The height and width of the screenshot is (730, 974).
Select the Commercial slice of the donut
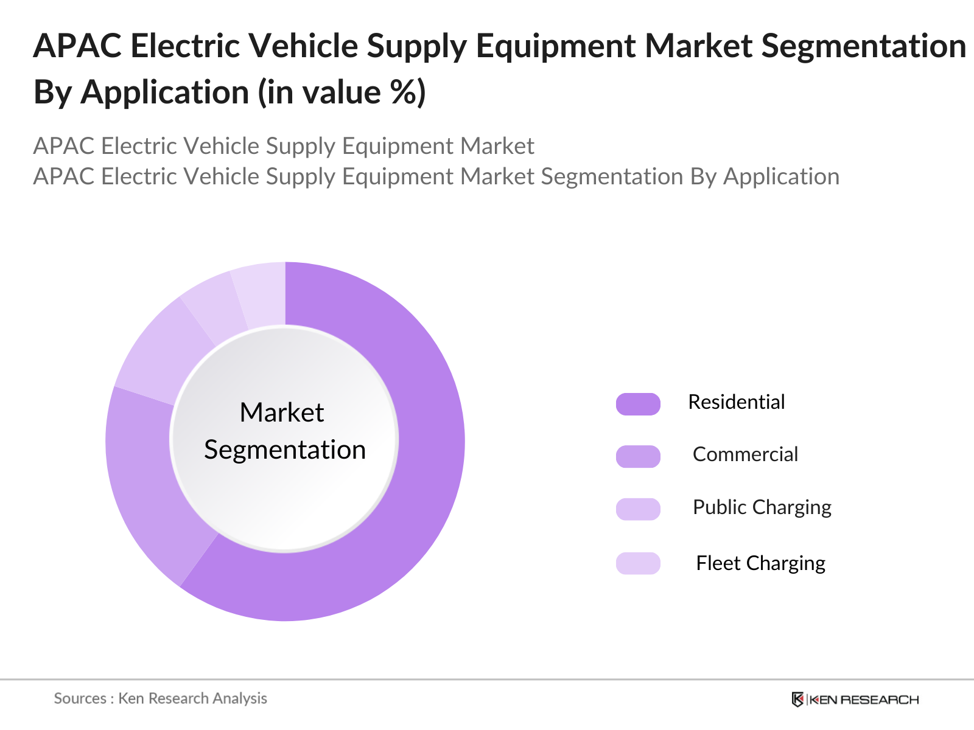[146, 481]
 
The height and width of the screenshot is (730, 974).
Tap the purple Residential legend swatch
[638, 404]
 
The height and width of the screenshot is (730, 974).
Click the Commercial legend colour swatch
[638, 456]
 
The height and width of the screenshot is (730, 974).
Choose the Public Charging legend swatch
[638, 509]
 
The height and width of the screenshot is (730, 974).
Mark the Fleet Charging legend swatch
[638, 563]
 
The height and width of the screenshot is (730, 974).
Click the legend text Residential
[736, 402]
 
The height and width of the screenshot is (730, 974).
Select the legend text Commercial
[745, 454]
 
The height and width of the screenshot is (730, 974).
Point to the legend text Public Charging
[762, 507]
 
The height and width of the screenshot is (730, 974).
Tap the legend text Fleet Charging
[760, 563]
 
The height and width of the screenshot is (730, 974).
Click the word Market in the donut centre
[282, 412]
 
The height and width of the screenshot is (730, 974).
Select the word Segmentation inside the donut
[285, 450]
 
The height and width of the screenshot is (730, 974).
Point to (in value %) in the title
[342, 92]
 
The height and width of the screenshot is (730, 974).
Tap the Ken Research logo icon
[797, 700]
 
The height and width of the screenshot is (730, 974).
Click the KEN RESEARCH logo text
[864, 700]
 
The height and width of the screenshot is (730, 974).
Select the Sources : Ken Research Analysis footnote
[160, 698]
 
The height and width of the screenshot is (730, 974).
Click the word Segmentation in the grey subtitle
[611, 176]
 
